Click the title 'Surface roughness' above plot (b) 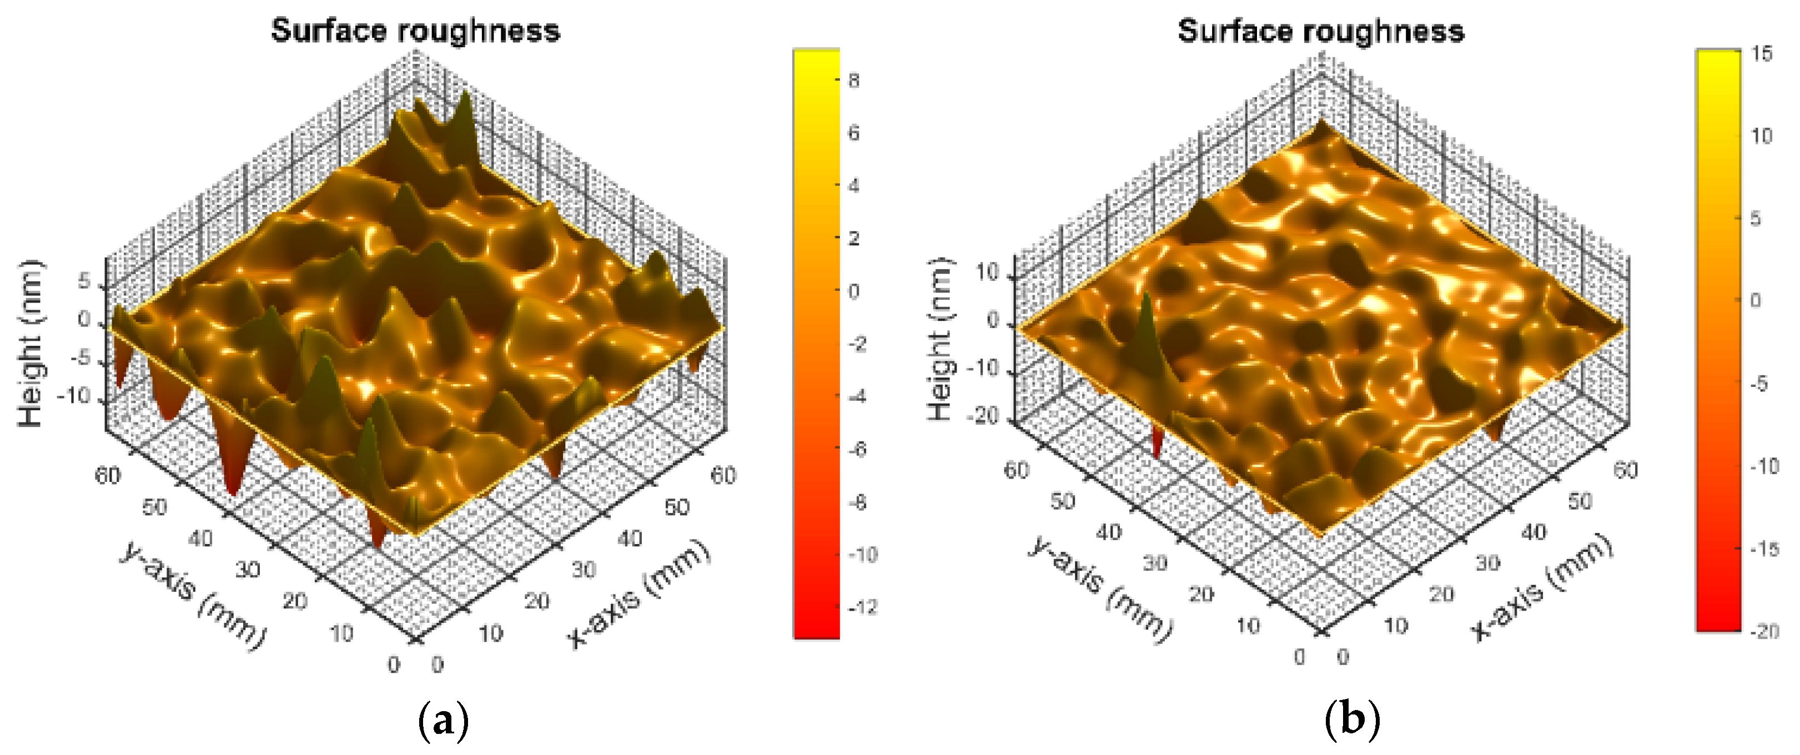pyautogui.click(x=1321, y=32)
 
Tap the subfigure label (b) pyautogui.click(x=1352, y=720)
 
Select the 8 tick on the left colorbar pyautogui.click(x=854, y=80)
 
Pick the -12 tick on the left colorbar pyautogui.click(x=862, y=607)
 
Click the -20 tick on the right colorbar pyautogui.click(x=1765, y=631)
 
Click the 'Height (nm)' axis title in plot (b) pyautogui.click(x=940, y=340)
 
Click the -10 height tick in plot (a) pyautogui.click(x=75, y=396)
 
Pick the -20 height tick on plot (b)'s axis pyautogui.click(x=983, y=416)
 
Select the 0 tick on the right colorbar pyautogui.click(x=1755, y=300)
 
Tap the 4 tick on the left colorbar pyautogui.click(x=854, y=186)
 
